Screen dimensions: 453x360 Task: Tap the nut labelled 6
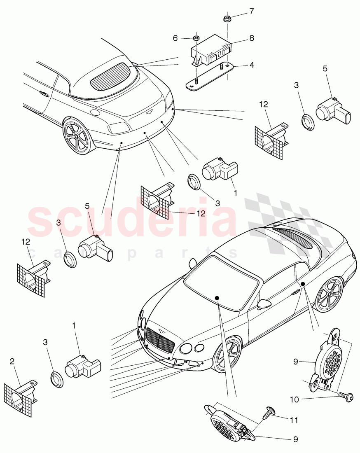coord(196,39)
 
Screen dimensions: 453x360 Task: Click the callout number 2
coord(12,361)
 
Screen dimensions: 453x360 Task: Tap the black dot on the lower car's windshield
coord(217,298)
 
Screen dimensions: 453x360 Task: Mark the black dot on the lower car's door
coord(303,284)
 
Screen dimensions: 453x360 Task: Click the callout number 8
coord(251,38)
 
